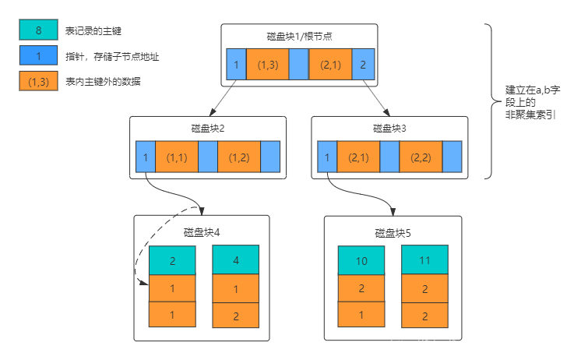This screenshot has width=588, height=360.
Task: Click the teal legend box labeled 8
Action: click(38, 30)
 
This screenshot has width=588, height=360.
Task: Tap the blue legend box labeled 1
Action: click(38, 55)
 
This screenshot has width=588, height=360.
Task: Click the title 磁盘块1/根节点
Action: click(299, 37)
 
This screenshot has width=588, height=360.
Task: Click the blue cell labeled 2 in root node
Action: click(362, 65)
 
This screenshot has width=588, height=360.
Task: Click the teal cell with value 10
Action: click(361, 261)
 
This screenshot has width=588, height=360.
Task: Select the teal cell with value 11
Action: click(424, 261)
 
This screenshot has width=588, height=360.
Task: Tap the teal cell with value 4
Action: click(235, 261)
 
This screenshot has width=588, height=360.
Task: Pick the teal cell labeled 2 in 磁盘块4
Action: click(172, 261)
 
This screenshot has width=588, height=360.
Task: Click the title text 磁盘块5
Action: click(393, 233)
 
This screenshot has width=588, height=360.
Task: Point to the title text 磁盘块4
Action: click(202, 232)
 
